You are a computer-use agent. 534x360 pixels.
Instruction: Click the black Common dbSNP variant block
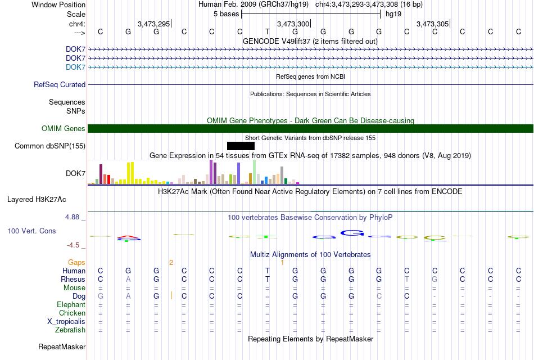[x=241, y=146]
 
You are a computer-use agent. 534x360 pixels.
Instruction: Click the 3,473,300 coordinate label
[x=293, y=24]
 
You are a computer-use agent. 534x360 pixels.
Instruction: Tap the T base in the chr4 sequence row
[x=268, y=31]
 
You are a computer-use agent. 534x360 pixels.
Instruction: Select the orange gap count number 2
[x=171, y=263]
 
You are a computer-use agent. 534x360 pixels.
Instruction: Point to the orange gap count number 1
[x=282, y=263]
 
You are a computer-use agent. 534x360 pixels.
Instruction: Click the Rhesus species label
[x=73, y=279]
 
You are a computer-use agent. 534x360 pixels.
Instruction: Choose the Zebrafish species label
[x=70, y=330]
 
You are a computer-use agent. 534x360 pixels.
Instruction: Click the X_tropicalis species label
[x=66, y=322]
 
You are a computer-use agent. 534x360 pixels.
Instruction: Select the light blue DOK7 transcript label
[x=76, y=67]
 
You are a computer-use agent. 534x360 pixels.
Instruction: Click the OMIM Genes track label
[x=63, y=128]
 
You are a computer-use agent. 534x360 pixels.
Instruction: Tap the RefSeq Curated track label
[x=60, y=84]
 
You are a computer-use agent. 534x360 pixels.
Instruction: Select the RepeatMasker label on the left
[x=62, y=346]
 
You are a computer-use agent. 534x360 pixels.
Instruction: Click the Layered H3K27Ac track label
[x=37, y=200]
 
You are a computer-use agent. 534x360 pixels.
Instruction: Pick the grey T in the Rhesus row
[x=406, y=279]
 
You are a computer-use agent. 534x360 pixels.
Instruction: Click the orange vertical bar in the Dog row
[x=171, y=295]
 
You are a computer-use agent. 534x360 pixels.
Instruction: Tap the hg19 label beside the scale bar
[x=393, y=14]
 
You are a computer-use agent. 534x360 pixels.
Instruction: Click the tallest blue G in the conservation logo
[x=352, y=233]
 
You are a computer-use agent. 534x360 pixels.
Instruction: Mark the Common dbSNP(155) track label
[x=50, y=146]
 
